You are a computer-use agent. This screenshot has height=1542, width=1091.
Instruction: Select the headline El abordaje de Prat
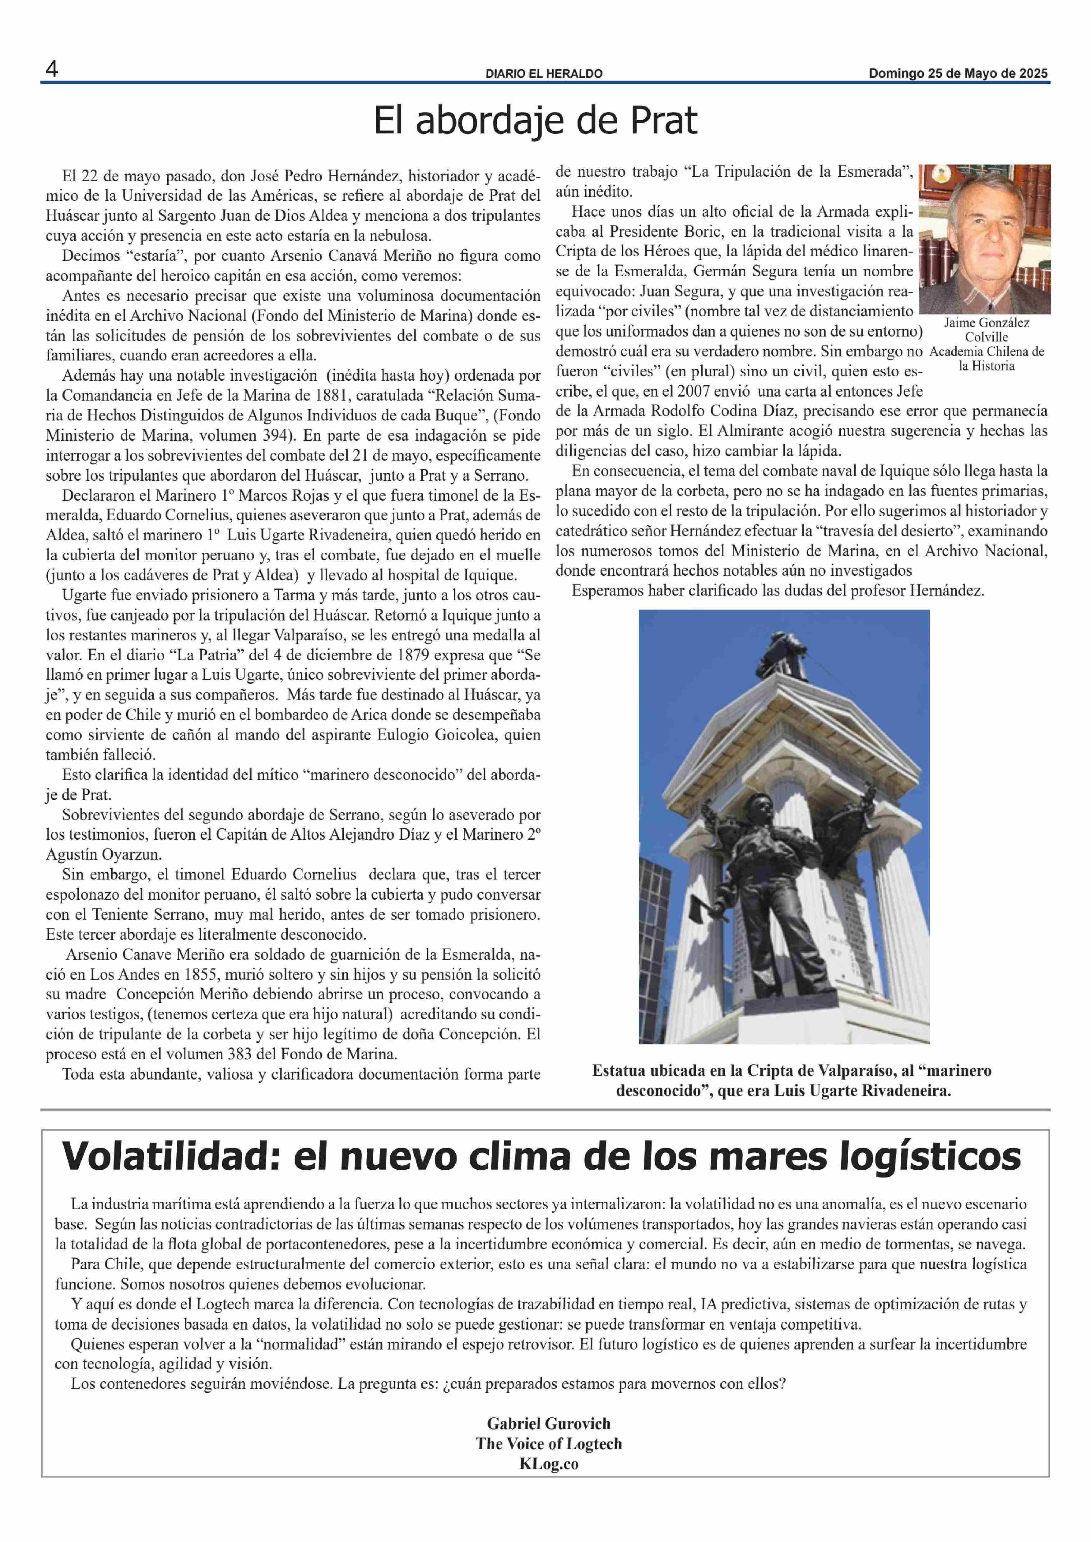pos(536,121)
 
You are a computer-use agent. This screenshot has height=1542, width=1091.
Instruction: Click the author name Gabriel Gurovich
pos(548,1423)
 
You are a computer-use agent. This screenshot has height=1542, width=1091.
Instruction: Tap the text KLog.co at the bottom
pos(548,1463)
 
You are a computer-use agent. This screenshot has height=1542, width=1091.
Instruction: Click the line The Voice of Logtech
pos(548,1443)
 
